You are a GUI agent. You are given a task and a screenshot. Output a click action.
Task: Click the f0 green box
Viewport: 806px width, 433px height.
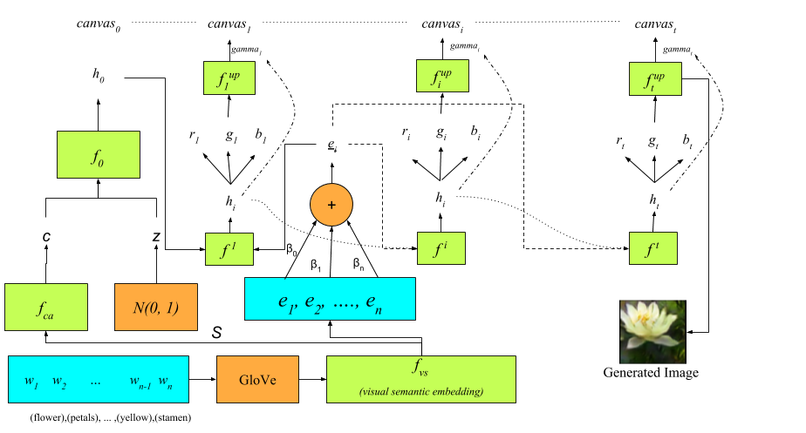pyautogui.click(x=98, y=155)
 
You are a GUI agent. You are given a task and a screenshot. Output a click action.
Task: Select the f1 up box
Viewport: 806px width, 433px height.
pyautogui.click(x=229, y=78)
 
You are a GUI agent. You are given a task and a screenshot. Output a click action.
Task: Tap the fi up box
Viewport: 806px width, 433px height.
pyautogui.click(x=442, y=76)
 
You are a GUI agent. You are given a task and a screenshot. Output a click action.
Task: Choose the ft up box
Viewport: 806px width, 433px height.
pyautogui.click(x=655, y=79)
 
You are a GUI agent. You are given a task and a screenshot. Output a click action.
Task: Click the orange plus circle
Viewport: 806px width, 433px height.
pyautogui.click(x=331, y=205)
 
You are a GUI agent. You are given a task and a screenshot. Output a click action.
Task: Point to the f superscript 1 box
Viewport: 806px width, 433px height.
pyautogui.click(x=229, y=249)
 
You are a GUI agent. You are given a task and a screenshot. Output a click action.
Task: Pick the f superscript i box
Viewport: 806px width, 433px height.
pyautogui.click(x=441, y=248)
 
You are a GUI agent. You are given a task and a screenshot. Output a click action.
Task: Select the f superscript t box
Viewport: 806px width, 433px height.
pyautogui.click(x=652, y=248)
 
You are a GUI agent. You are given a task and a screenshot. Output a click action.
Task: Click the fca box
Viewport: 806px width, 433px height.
pyautogui.click(x=45, y=308)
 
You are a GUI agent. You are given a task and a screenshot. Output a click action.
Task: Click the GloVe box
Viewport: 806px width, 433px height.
pyautogui.click(x=257, y=380)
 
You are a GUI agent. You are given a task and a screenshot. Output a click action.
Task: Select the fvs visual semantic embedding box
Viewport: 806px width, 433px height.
pyautogui.click(x=420, y=379)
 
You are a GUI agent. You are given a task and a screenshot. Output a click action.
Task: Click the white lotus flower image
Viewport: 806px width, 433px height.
pyautogui.click(x=652, y=332)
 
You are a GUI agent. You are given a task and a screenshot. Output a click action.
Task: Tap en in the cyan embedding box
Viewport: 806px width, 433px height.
pyautogui.click(x=373, y=301)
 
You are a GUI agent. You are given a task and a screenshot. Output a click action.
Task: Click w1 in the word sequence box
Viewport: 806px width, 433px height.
pyautogui.click(x=31, y=382)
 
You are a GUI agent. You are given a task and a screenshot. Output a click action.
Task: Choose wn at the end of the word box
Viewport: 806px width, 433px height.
pyautogui.click(x=165, y=382)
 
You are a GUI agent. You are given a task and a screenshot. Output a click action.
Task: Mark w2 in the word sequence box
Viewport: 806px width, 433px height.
pyautogui.click(x=59, y=382)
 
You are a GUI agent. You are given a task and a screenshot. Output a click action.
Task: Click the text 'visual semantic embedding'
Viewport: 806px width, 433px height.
pyautogui.click(x=420, y=392)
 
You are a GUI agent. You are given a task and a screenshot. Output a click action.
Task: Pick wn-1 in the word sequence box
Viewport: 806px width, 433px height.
pyautogui.click(x=140, y=382)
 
